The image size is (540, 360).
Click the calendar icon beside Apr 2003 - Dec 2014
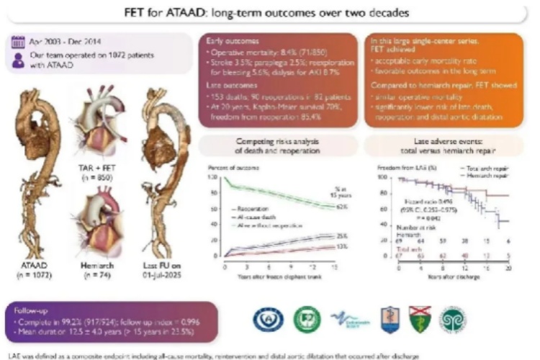pyautogui.click(x=17, y=42)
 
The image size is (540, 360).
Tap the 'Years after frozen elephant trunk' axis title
pyautogui.click(x=274, y=276)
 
